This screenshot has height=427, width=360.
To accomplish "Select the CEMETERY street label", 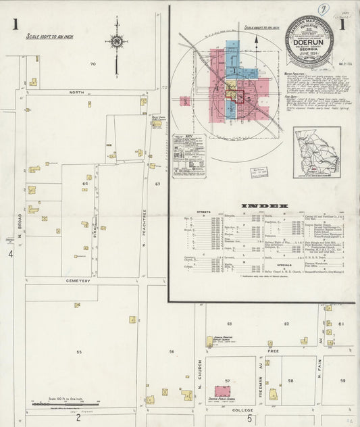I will pos(78,280).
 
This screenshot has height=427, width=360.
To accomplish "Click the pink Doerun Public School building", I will pos(223,391).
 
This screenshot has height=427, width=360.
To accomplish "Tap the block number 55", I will pos(79,352).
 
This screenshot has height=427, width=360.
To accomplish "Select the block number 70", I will pos(93,64).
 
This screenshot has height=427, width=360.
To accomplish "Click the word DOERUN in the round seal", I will pos(308,40).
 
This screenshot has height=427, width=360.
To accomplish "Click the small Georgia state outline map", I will pos(316,152).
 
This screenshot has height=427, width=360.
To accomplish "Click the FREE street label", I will pos(274,351).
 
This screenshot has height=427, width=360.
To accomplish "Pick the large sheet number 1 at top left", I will pos(14,26).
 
